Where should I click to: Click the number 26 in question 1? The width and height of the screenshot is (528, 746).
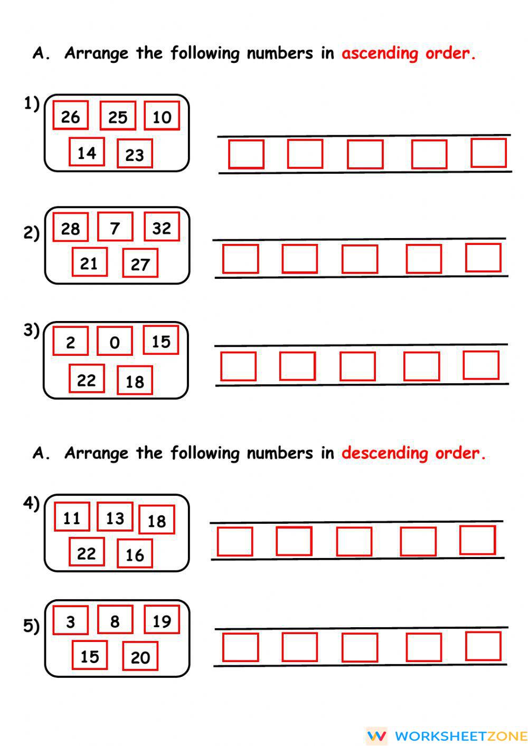pyautogui.click(x=70, y=116)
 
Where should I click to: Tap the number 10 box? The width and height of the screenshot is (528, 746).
pyautogui.click(x=162, y=117)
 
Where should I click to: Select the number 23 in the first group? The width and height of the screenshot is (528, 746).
pyautogui.click(x=135, y=154)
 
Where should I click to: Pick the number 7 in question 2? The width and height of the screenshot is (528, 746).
pyautogui.click(x=115, y=228)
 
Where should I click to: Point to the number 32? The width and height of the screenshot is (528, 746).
pyautogui.click(x=162, y=228)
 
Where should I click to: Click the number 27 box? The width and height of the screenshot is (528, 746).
pyautogui.click(x=140, y=263)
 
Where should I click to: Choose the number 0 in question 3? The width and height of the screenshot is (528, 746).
pyautogui.click(x=115, y=342)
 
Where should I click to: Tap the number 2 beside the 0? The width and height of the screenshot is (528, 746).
pyautogui.click(x=70, y=342)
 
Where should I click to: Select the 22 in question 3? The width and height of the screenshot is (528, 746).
pyautogui.click(x=87, y=380)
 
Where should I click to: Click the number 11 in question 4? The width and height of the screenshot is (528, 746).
pyautogui.click(x=72, y=517)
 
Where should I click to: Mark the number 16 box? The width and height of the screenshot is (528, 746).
pyautogui.click(x=135, y=554)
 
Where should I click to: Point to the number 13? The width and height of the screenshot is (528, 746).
pyautogui.click(x=115, y=517)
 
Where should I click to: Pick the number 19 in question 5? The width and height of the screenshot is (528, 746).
pyautogui.click(x=162, y=621)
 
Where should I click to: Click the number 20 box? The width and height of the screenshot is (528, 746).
pyautogui.click(x=140, y=657)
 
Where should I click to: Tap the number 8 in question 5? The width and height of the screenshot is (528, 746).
pyautogui.click(x=115, y=621)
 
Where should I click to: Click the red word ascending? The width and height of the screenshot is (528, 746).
pyautogui.click(x=380, y=54)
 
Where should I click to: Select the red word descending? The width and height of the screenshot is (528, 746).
pyautogui.click(x=384, y=454)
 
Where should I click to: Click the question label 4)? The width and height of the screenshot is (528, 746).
pyautogui.click(x=31, y=503)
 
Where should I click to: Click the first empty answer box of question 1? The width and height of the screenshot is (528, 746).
pyautogui.click(x=246, y=154)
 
